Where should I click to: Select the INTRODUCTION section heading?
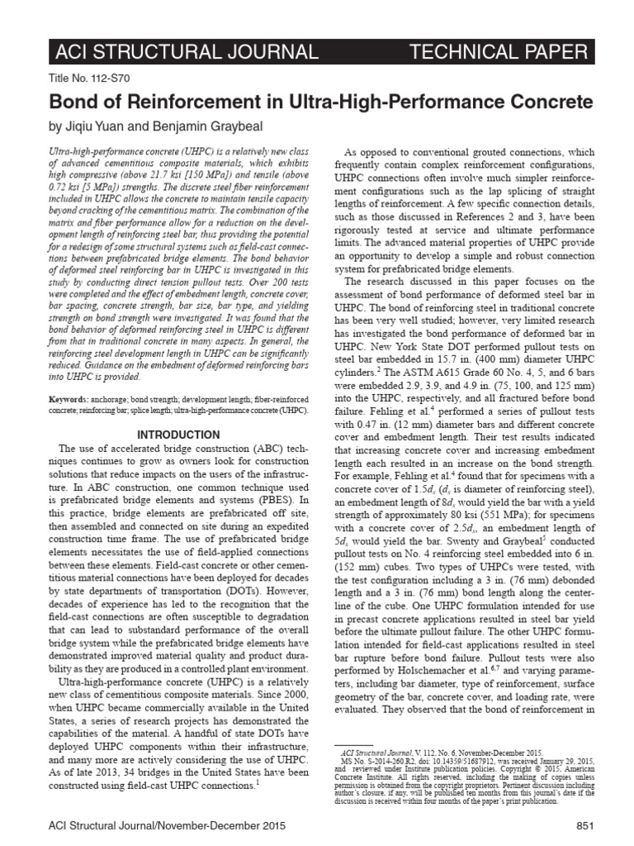[x=178, y=435]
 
